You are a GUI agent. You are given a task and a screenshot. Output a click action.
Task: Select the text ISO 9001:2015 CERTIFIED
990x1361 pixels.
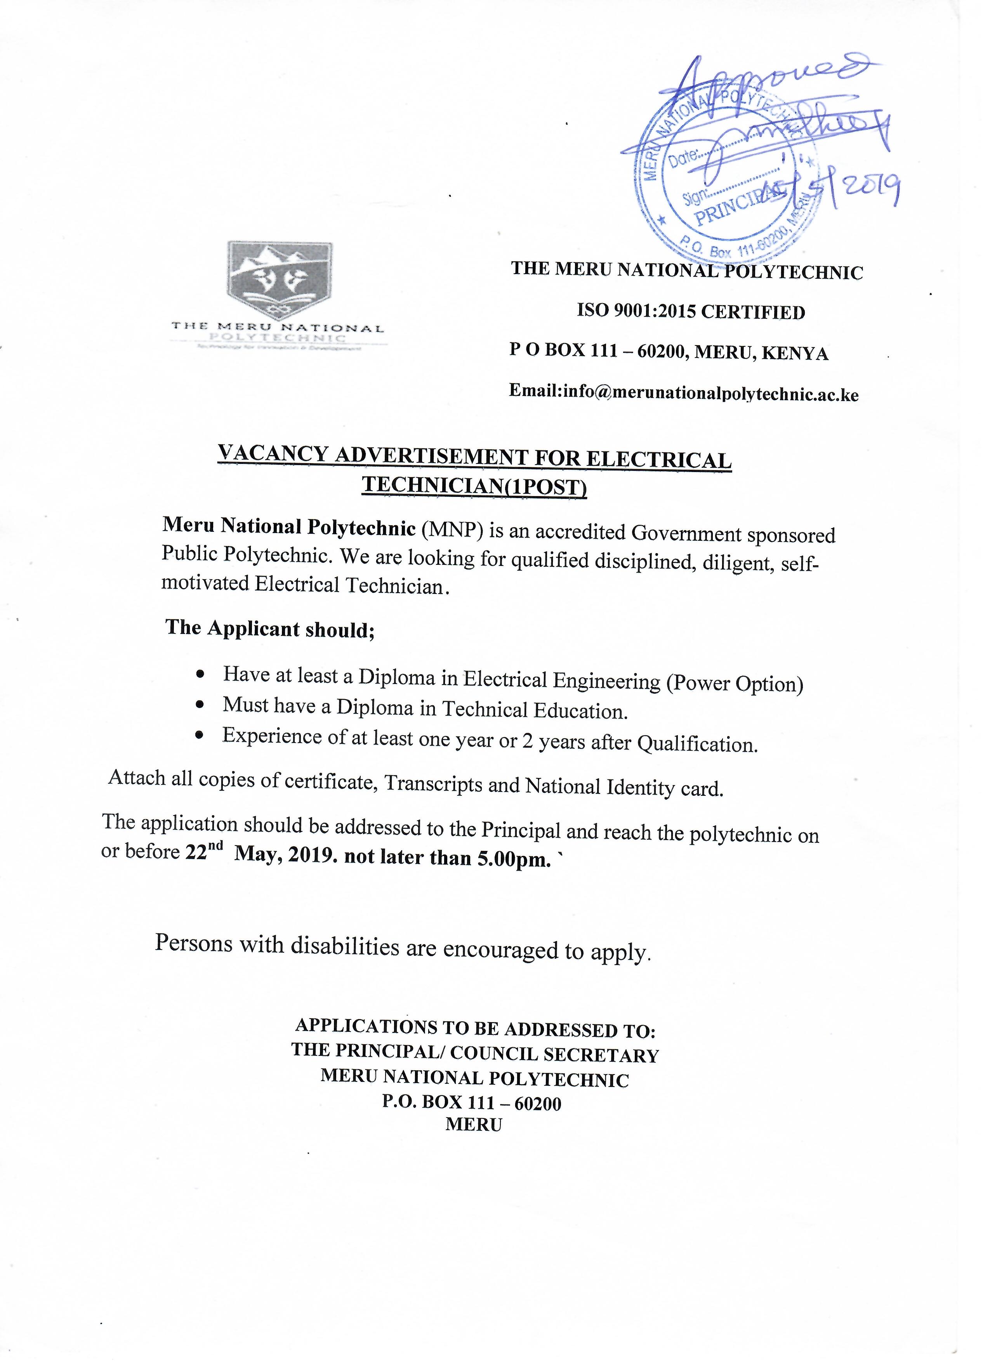pos(691,312)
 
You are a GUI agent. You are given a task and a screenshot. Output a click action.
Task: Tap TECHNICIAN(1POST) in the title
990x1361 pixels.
pos(474,486)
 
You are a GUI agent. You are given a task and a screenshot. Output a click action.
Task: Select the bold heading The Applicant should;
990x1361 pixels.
pos(270,628)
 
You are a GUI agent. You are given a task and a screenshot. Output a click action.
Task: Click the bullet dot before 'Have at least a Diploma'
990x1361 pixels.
pos(201,675)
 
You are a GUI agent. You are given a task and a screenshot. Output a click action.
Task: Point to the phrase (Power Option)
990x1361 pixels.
pos(735,684)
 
